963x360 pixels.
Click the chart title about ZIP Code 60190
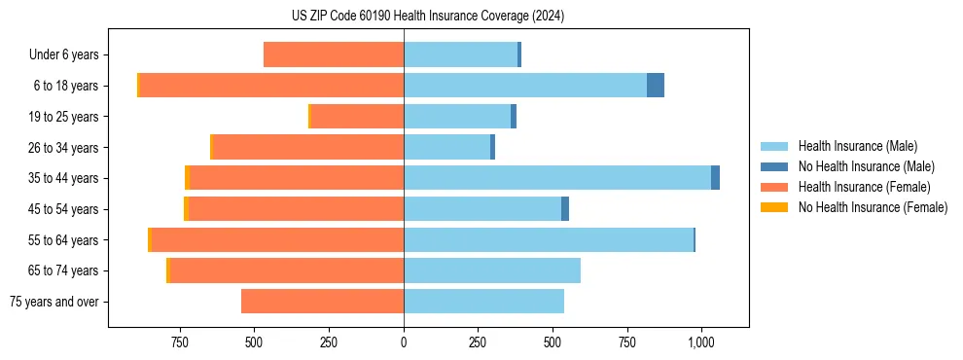click(427, 17)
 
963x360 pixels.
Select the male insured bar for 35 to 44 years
click(557, 178)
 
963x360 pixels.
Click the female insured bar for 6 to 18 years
click(271, 86)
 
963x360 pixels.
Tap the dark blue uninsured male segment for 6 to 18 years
click(656, 86)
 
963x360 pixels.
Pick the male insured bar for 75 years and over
click(483, 302)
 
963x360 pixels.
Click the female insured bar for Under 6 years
click(334, 54)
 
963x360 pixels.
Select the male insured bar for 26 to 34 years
click(446, 147)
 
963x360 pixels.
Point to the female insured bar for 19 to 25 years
click(357, 117)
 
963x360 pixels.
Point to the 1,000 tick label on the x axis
click(701, 342)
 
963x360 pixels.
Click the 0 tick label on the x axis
click(404, 342)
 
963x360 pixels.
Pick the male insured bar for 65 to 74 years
click(492, 270)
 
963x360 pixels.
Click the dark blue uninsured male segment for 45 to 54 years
click(565, 209)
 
